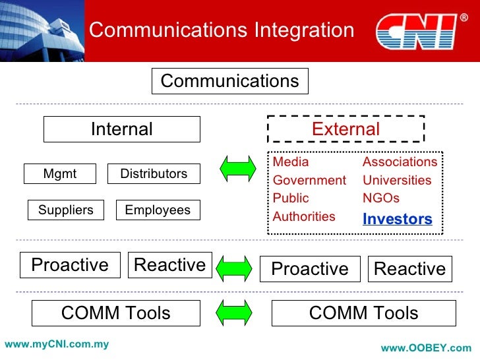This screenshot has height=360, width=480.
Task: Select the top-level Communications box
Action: pyautogui.click(x=230, y=81)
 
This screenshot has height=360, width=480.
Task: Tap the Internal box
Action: pyautogui.click(x=122, y=129)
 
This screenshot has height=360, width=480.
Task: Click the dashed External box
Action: pyautogui.click(x=345, y=129)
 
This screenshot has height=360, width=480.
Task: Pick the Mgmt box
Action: pyautogui.click(x=60, y=174)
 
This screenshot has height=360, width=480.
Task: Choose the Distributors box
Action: pyautogui.click(x=154, y=174)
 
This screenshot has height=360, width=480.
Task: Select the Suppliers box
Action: pyautogui.click(x=66, y=210)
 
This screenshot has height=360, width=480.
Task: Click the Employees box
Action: pyautogui.click(x=158, y=210)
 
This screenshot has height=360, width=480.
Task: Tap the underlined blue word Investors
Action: pyautogui.click(x=398, y=219)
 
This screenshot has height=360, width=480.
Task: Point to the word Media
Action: pyautogui.click(x=291, y=162)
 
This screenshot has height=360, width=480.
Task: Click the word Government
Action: pyautogui.click(x=309, y=180)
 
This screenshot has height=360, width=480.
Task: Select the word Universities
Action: pyautogui.click(x=397, y=180)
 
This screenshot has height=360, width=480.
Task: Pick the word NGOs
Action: pyautogui.click(x=381, y=198)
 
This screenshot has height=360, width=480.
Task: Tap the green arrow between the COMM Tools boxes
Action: pyautogui.click(x=235, y=312)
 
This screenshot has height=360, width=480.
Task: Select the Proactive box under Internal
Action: pyautogui.click(x=70, y=265)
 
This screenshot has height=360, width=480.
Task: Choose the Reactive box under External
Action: pyautogui.click(x=409, y=269)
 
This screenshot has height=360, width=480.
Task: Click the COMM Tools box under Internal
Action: pyautogui.click(x=116, y=313)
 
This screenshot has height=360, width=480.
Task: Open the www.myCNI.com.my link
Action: pyautogui.click(x=57, y=344)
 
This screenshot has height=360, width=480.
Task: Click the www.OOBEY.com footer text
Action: pyautogui.click(x=427, y=348)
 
